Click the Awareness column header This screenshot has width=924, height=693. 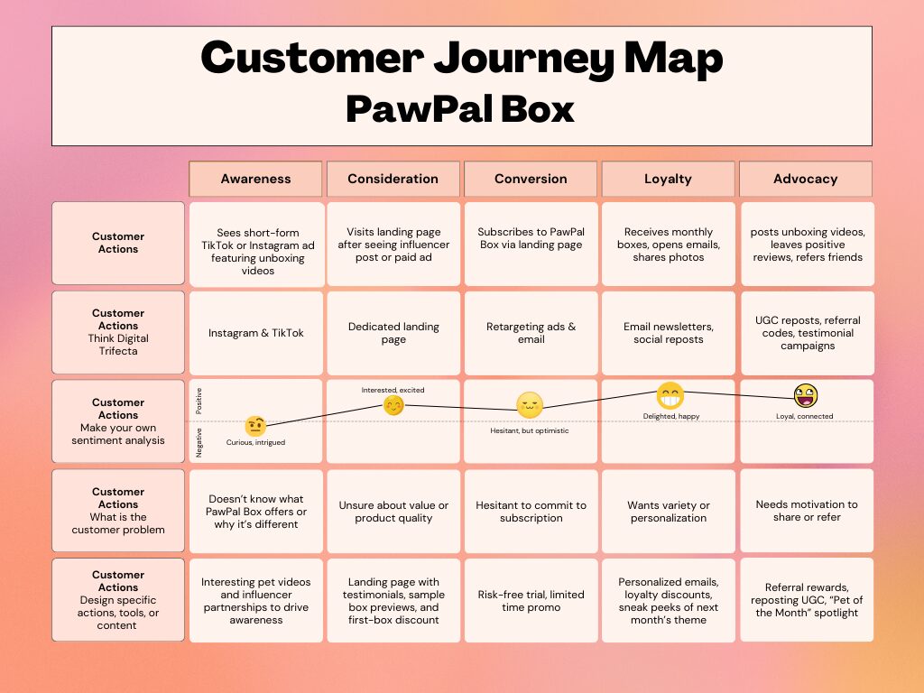pos(255,179)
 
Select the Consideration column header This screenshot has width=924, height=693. pos(393,179)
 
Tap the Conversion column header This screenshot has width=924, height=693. pos(531,179)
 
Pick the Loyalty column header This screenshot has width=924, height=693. pos(668,179)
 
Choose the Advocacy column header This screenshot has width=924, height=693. pos(805,179)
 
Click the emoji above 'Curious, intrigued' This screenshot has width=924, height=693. pos(255,426)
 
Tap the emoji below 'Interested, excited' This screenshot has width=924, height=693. pos(393,405)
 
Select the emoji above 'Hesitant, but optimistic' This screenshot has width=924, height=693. pos(530,405)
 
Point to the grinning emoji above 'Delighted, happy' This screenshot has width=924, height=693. pos(670,395)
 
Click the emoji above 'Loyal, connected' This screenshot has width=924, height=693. pos(805,395)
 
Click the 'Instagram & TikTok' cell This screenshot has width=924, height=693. pos(256,333)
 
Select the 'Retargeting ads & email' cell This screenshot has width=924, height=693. pos(531,333)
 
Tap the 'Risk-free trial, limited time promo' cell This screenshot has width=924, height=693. pos(531,601)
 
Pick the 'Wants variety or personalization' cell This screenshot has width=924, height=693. pos(669,512)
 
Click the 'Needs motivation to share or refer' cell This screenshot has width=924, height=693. pos(807,511)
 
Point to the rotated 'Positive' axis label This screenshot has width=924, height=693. pos(199,401)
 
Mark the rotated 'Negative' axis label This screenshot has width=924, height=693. pos(199,442)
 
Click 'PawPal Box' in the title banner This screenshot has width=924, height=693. pos(460,109)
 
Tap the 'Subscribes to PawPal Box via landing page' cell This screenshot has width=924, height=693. pos(531,238)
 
